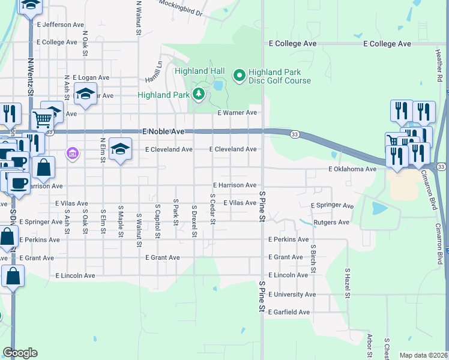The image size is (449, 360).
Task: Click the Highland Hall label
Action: point(199,71)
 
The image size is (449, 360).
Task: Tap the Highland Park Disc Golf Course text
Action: point(280,76)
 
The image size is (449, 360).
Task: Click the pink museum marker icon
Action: point(73,154)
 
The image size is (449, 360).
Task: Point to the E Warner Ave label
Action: point(237,113)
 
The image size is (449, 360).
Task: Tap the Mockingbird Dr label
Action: point(181,8)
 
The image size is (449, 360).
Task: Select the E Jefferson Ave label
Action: point(60,25)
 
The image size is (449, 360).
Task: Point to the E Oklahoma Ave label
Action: point(352,169)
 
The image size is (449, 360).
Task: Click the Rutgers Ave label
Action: point(332,223)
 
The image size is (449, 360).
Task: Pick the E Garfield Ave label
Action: point(289,312)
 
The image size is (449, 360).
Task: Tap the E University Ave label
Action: point(292,295)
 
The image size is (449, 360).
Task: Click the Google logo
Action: point(20,353)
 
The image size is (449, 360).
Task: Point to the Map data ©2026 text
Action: point(423,355)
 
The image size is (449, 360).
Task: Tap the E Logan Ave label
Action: point(91,77)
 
